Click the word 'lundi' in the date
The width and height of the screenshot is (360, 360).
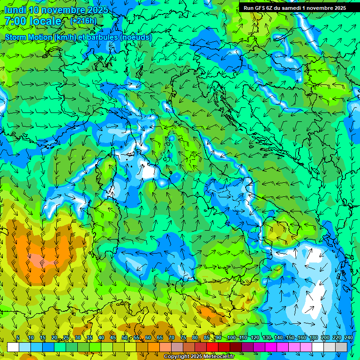pyautogui.click(x=15, y=9)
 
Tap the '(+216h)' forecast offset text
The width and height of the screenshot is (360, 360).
pyautogui.click(x=83, y=21)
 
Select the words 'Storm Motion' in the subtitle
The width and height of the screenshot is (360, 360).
pyautogui.click(x=28, y=37)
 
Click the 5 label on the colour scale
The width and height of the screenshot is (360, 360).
pyautogui.click(x=18, y=337)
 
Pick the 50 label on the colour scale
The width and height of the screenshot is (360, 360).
pyautogui.click(x=125, y=337)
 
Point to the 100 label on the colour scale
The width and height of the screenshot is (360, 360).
pyautogui.click(x=231, y=337)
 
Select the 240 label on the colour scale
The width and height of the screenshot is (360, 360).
pyautogui.click(x=349, y=337)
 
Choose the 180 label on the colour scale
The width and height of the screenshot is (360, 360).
pyautogui.click(x=313, y=337)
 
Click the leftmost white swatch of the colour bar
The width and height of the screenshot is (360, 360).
pyautogui.click(x=13, y=347)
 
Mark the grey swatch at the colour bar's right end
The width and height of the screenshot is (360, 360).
pyautogui.click(x=341, y=347)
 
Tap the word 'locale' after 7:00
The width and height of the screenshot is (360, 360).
pyautogui.click(x=45, y=21)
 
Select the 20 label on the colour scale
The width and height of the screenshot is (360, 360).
pyautogui.click(x=54, y=337)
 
